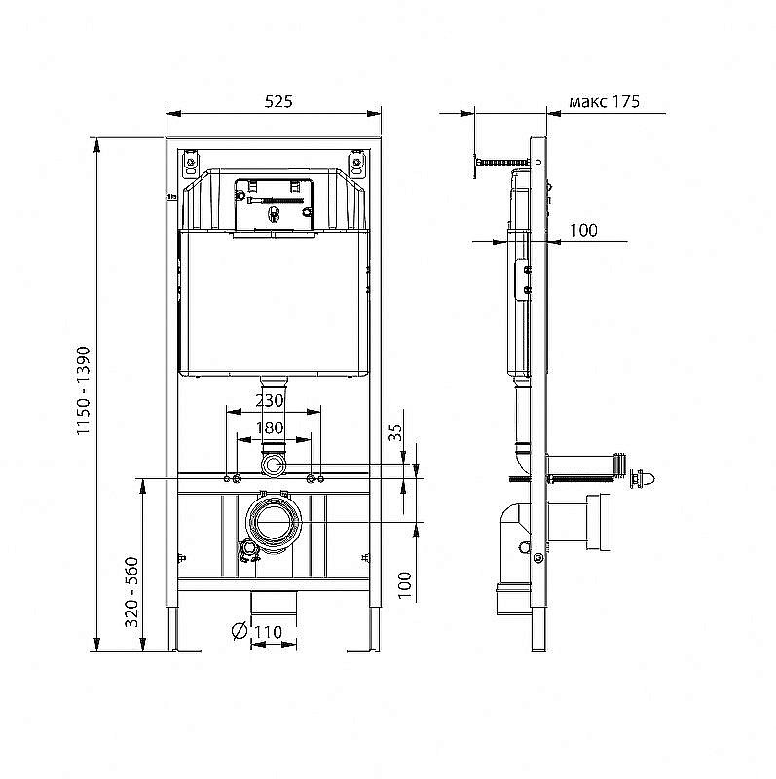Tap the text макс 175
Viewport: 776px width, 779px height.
[604, 102]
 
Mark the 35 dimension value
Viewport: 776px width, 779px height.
[395, 432]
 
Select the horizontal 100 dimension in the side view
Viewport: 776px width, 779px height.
[582, 230]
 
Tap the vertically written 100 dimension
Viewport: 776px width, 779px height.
[405, 583]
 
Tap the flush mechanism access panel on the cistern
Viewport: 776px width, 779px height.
[275, 205]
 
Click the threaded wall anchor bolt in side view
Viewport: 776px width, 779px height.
[501, 160]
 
